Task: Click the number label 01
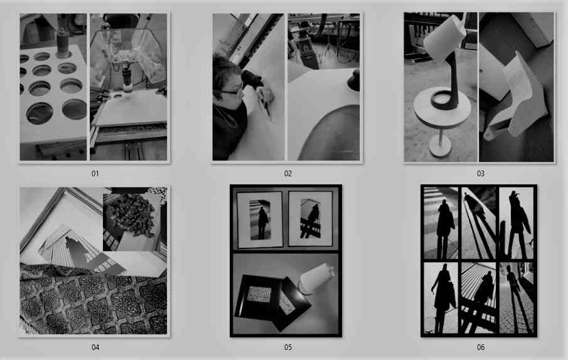pos(95,174)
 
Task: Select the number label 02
pos(287,174)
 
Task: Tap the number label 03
pos(480,174)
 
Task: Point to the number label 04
pos(95,347)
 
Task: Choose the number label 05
pos(287,347)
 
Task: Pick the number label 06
pos(480,347)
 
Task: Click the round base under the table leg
pos(440,148)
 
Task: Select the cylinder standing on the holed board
pos(63,43)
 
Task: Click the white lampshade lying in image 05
pos(315,278)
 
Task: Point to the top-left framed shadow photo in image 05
pos(259,220)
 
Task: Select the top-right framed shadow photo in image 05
pos(311,219)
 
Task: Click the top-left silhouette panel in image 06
pos(441,223)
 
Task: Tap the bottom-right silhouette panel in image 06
pos(516,298)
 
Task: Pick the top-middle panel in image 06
pos(478,223)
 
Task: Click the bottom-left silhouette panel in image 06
pos(441,298)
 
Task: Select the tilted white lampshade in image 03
pos(444,37)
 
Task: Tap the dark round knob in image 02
pos(354,80)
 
